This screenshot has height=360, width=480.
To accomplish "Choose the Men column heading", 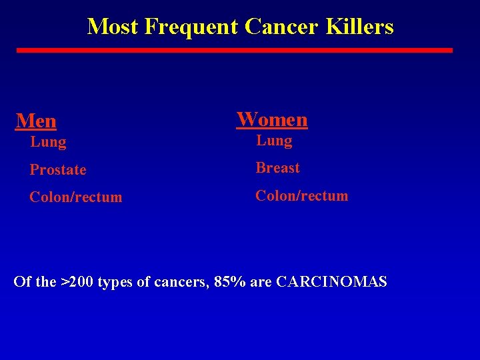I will (x=36, y=121).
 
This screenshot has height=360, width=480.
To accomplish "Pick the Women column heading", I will (x=272, y=119).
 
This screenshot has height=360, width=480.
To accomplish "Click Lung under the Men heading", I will (x=48, y=142).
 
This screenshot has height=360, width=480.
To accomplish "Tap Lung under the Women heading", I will (x=274, y=141).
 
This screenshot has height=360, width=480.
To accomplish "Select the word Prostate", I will (x=58, y=170).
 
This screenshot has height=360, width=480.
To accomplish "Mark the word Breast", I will (x=278, y=168).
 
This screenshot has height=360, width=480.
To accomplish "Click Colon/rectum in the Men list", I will (x=76, y=197).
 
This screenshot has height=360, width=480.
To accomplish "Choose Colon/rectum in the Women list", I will (x=302, y=196).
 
